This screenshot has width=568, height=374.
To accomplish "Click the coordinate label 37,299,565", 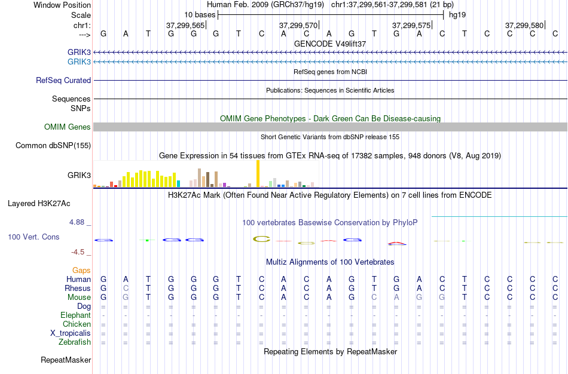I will (x=185, y=26).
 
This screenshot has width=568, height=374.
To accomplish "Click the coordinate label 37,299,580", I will (x=524, y=26).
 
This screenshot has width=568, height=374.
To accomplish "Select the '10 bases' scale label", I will (x=199, y=14).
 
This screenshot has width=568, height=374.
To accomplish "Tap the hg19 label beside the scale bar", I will (x=457, y=14).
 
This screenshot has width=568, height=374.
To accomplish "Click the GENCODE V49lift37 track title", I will (x=330, y=44).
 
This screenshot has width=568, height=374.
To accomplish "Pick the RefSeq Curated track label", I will (x=63, y=80).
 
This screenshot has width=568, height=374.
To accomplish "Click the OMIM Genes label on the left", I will (x=68, y=127).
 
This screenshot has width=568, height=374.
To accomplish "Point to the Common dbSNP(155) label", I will (x=53, y=145).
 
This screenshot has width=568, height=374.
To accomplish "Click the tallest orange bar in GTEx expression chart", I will (x=258, y=174).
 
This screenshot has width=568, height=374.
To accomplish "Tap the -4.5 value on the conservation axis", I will (x=79, y=252).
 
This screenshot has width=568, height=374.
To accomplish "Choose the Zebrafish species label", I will (x=75, y=342).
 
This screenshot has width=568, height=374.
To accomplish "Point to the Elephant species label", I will (x=75, y=315).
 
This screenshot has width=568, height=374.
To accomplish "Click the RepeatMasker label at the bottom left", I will (x=66, y=360).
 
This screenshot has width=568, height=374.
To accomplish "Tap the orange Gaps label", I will (x=81, y=271).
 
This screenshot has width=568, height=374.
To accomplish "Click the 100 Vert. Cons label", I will (x=33, y=237).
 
